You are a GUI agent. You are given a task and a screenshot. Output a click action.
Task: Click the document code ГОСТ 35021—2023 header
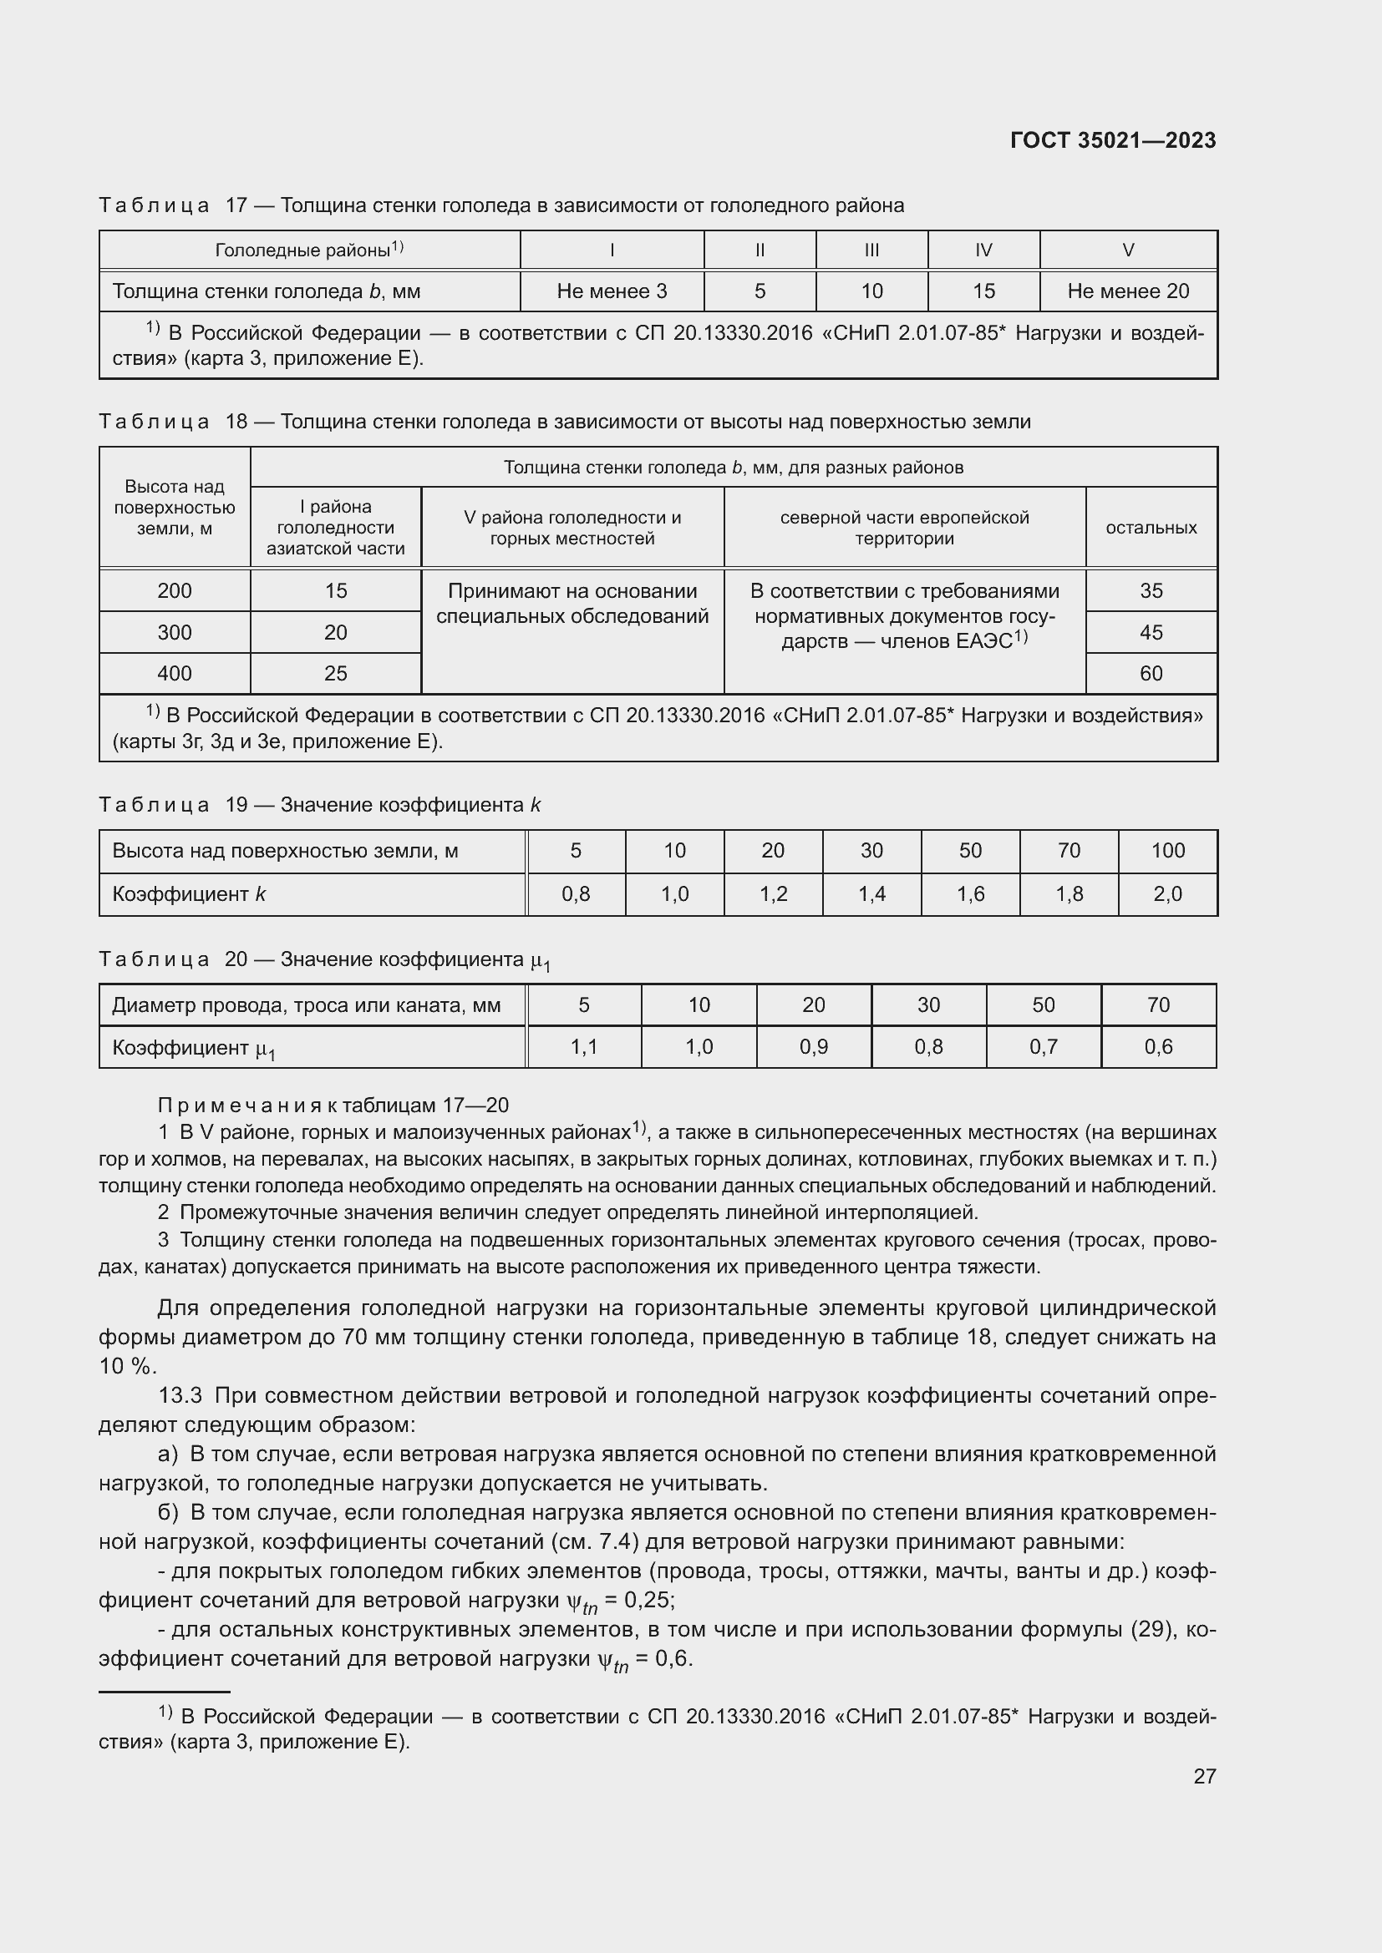1112,140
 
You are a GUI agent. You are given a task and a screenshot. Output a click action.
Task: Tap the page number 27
1204,1776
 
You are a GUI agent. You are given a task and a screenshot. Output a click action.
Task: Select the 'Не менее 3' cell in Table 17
611,291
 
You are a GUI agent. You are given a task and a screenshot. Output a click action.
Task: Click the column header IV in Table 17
983,250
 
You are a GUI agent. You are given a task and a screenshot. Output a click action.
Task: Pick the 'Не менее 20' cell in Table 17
1127,291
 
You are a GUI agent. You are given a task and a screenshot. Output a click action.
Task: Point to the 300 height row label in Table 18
175,632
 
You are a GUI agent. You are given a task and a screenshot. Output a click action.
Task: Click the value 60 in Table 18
1151,674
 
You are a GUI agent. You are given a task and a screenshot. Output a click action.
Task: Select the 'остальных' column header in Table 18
1151,528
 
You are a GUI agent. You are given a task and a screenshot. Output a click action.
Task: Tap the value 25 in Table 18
335,674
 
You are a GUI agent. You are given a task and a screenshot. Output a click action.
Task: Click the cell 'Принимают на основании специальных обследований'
572,603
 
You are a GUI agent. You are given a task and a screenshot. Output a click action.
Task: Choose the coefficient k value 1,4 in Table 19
871,894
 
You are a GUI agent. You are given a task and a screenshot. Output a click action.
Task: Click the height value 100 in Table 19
1167,851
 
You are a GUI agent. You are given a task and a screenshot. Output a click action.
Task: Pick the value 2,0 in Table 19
1167,894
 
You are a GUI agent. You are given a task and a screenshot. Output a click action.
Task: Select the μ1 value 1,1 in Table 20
584,1047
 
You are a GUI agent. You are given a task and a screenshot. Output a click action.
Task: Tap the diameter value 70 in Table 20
1158,1005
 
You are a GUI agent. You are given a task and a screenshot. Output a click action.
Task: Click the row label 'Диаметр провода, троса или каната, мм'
307,1005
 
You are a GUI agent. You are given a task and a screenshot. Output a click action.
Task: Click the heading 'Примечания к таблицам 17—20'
333,1105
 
